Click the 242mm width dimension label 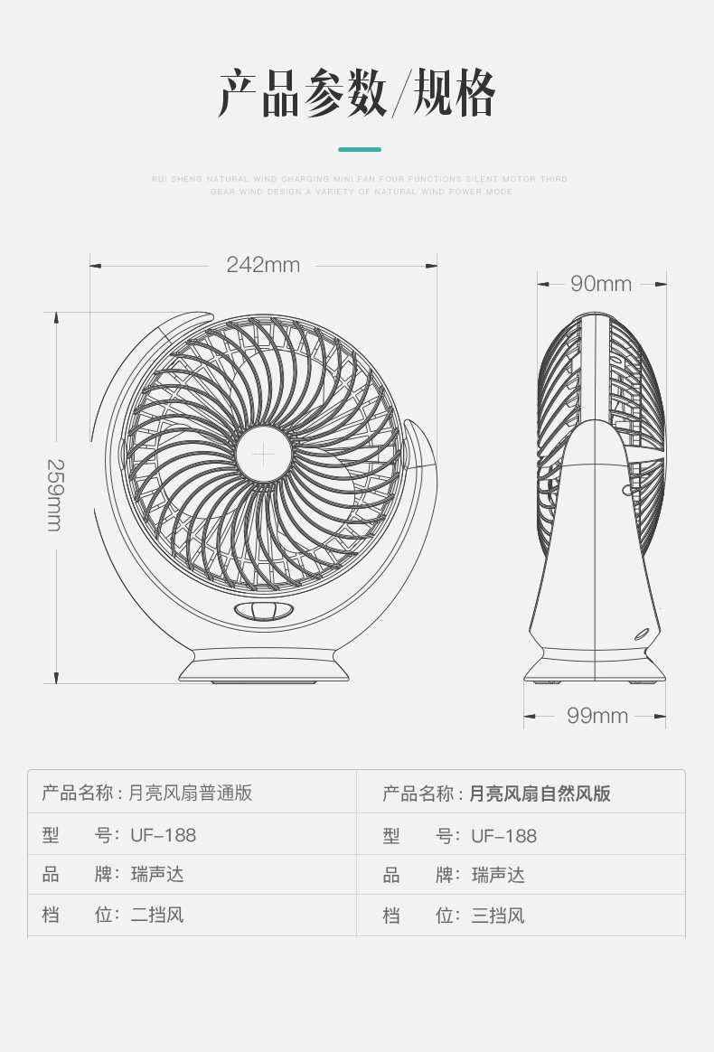263,265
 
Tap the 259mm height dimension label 54,494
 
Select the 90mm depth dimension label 601,284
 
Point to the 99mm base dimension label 597,716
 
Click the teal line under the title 360,149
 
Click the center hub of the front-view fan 263,453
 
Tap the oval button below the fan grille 264,612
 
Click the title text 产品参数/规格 357,94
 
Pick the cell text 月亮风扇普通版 190,794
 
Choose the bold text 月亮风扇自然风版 540,794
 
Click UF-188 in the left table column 163,836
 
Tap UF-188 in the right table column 503,836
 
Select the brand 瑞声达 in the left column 157,875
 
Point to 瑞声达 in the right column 498,875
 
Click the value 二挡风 157,915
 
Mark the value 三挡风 498,916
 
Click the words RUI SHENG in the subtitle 178,179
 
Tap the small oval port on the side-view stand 644,634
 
